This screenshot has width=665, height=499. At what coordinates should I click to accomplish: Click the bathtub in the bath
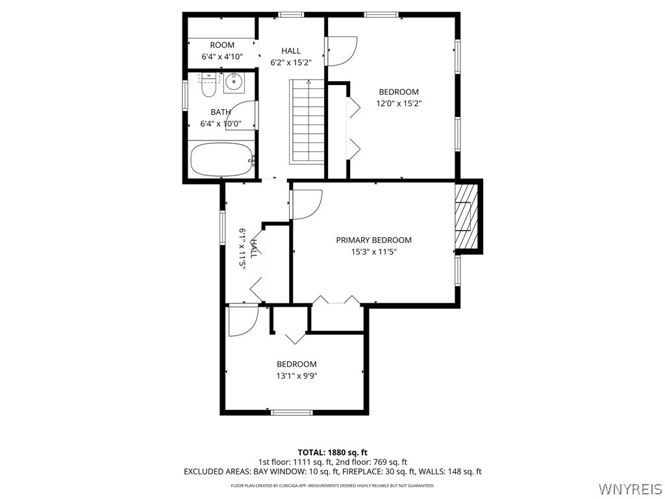[221, 159]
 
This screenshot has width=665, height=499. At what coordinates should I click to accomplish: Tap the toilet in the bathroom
[208, 86]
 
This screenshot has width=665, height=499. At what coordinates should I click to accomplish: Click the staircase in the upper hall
[307, 122]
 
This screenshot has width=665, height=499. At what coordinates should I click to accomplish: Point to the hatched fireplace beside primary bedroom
[465, 216]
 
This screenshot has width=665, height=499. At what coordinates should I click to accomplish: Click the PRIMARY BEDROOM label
[373, 240]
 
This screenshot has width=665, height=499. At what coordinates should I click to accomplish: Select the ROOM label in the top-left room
[222, 45]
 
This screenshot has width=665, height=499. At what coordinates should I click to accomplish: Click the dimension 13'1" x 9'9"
[296, 376]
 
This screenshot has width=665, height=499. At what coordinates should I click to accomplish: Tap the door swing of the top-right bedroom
[342, 51]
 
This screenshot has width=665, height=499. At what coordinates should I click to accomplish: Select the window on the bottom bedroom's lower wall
[291, 412]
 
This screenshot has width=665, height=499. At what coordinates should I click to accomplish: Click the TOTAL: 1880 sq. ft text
[332, 452]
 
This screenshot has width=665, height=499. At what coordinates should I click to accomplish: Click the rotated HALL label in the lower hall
[254, 248]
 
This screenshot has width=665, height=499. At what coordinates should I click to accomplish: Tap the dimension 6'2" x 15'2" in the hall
[291, 63]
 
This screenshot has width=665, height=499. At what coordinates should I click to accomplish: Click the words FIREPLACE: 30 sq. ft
[364, 472]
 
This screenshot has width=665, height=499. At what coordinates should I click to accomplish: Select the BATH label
[221, 112]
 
